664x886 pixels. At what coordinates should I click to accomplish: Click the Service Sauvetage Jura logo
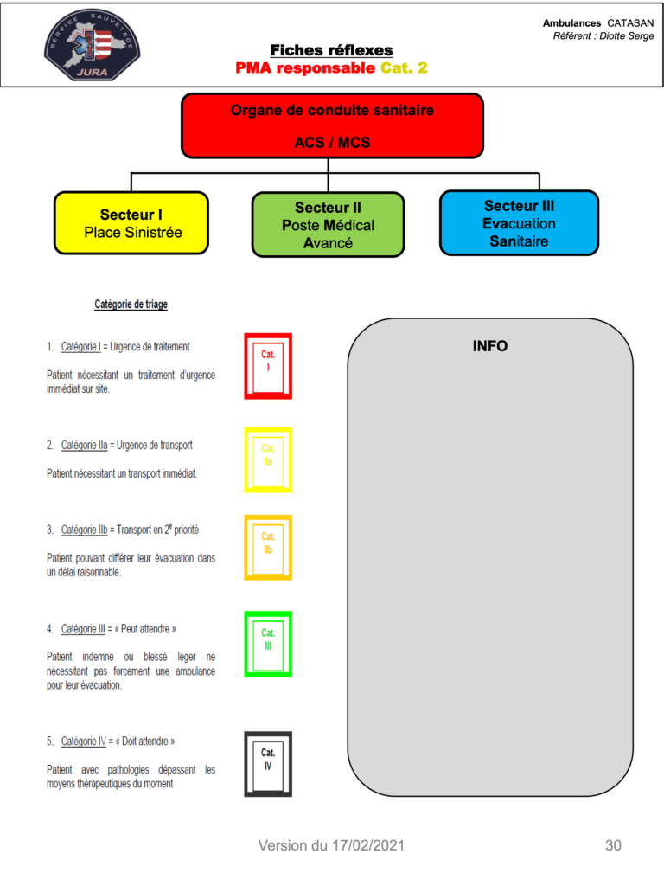click(92, 45)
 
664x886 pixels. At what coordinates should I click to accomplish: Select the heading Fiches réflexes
click(331, 50)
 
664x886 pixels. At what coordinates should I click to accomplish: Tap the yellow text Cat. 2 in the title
click(404, 67)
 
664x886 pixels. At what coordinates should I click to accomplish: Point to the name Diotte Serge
click(627, 36)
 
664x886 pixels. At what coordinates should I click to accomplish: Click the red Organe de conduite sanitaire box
click(332, 126)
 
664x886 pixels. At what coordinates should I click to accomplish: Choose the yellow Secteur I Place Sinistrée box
click(131, 223)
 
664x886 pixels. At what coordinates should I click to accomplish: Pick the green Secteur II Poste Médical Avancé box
click(328, 225)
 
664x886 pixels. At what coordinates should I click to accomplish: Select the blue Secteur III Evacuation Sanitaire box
click(519, 223)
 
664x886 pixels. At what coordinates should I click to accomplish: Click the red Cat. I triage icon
click(268, 366)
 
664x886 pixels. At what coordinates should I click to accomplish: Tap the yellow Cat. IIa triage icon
click(268, 460)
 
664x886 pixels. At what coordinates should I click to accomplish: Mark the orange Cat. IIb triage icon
click(268, 548)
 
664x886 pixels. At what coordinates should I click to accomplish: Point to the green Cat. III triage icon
click(268, 644)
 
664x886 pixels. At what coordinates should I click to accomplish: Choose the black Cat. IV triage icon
click(268, 765)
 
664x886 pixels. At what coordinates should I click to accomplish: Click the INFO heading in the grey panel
click(490, 346)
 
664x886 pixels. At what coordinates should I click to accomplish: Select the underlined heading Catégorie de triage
click(131, 305)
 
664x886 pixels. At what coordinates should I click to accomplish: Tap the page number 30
click(613, 845)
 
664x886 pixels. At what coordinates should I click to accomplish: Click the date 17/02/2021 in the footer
click(368, 845)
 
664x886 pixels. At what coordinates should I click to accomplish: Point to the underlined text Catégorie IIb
click(84, 530)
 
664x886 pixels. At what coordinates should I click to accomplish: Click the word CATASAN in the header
click(630, 23)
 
